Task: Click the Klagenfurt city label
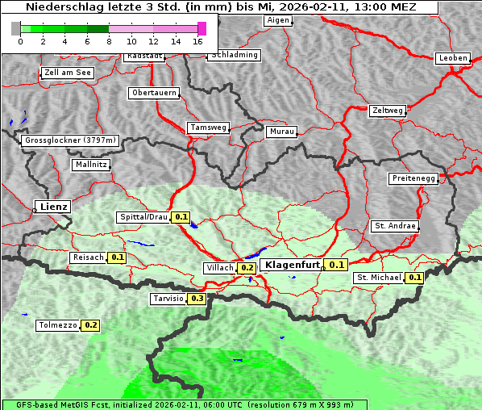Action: click(x=292, y=265)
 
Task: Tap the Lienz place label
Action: click(x=52, y=207)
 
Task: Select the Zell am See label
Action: click(x=68, y=73)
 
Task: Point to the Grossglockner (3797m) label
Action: click(x=71, y=140)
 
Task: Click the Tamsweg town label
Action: click(x=208, y=128)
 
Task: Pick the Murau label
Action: click(x=282, y=132)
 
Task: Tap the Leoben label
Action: click(x=452, y=58)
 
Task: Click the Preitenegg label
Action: click(x=414, y=178)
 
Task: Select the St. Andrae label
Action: click(x=395, y=226)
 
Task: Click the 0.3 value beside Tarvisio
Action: click(x=197, y=299)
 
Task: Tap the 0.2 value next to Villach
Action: click(x=247, y=268)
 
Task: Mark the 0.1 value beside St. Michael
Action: click(x=414, y=278)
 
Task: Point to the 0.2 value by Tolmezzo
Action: click(x=90, y=325)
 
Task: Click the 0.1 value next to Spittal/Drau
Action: click(x=181, y=217)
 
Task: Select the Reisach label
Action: click(x=88, y=257)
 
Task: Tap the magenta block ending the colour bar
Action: click(x=202, y=28)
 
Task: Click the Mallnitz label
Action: click(x=90, y=165)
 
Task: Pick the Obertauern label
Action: click(x=154, y=93)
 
